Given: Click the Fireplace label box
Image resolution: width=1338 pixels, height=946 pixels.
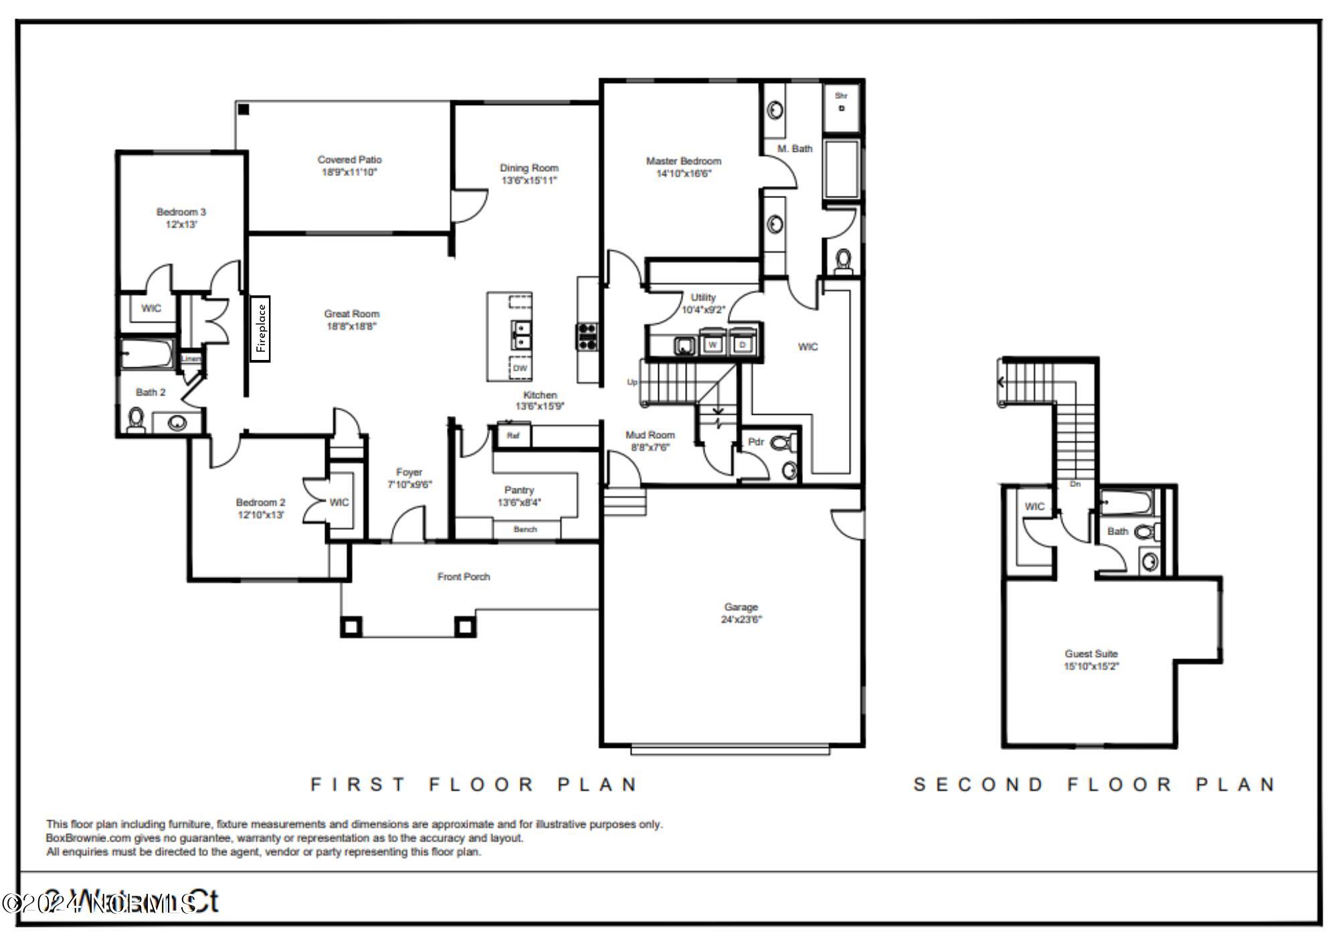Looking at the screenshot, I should point(260,328).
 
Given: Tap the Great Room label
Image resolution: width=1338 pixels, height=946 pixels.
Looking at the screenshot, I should point(351,314).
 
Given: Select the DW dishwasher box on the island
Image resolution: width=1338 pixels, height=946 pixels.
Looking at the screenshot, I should point(520,369).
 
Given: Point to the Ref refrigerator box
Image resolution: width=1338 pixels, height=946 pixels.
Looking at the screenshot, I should point(513,436).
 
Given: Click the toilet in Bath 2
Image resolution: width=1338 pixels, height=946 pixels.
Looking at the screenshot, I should point(136,420).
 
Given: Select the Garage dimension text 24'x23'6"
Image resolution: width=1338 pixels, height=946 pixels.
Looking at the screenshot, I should point(741,620).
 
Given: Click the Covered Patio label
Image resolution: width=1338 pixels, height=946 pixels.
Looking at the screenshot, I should point(349,160).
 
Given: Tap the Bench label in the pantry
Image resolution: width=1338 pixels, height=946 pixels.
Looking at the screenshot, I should point(525,529).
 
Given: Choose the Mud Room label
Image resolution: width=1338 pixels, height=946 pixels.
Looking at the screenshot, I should point(650,435).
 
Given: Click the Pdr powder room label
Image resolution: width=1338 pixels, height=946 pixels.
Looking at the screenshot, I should point(756,442).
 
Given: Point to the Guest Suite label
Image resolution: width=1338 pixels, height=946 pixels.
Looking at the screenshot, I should point(1091,654).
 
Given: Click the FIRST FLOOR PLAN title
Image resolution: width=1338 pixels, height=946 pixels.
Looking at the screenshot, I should point(474,784).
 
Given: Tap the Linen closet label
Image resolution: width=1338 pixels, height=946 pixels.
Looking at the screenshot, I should point(191,359).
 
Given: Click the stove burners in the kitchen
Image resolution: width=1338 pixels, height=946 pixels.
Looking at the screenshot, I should point(587,337).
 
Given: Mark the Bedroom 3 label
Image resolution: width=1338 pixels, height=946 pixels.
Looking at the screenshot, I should point(181,212).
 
